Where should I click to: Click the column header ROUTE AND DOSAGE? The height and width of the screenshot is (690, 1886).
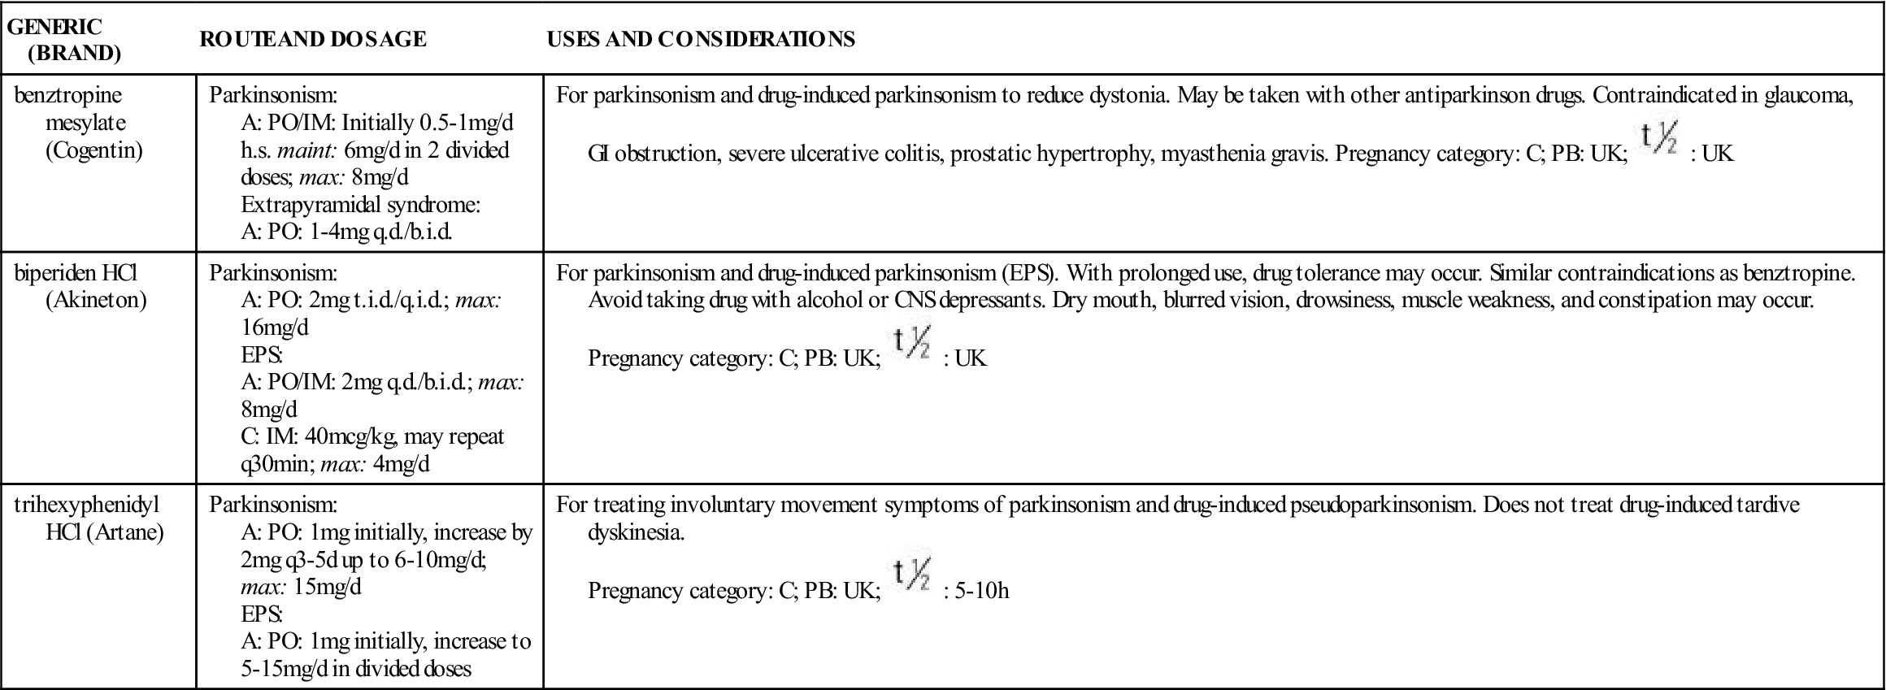[x=313, y=39]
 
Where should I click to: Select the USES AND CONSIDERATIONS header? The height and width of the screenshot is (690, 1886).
[x=701, y=39]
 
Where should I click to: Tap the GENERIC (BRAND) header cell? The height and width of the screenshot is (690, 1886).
[x=65, y=39]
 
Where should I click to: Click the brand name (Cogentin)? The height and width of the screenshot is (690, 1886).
[x=94, y=150]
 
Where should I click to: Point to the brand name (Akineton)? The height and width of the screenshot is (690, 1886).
[x=97, y=300]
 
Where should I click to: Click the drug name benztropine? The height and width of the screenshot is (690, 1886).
[x=68, y=95]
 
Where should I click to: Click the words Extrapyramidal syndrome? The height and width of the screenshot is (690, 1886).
[x=360, y=205]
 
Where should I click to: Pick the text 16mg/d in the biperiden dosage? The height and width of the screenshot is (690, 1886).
[x=275, y=328]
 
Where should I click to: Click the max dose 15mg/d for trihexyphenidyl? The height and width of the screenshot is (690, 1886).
[x=328, y=586]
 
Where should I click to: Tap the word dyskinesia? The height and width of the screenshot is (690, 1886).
[x=637, y=532]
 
